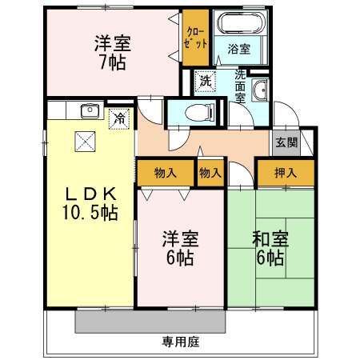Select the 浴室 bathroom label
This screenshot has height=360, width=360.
239,50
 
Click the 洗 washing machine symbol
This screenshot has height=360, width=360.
205,81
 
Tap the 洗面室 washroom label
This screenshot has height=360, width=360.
239,86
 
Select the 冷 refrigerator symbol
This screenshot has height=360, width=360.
119,119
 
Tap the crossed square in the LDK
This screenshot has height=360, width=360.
86,141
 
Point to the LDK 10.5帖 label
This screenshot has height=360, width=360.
90,203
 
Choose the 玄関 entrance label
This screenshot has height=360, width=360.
286,142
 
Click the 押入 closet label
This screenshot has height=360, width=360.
285,172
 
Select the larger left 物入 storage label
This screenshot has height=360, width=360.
166,172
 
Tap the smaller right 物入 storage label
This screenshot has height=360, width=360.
210,172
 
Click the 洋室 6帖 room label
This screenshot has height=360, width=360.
181,247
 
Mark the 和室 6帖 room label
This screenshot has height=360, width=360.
270,247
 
